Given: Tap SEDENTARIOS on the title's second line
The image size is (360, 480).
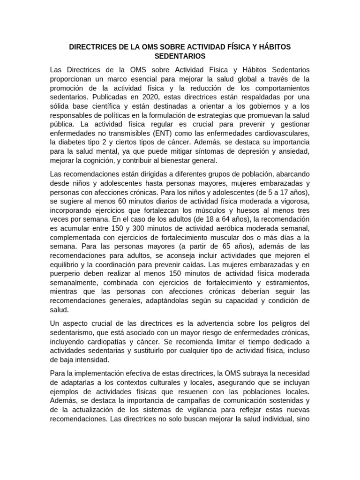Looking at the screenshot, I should [x=180, y=56].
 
